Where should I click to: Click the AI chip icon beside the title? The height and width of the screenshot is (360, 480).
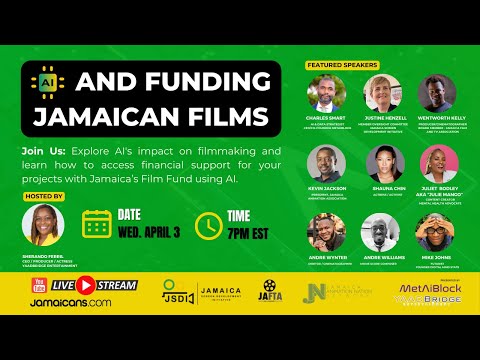(46, 80)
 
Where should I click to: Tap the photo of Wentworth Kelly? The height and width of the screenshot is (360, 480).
(441, 92)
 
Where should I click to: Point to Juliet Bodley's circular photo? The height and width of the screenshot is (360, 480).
(441, 162)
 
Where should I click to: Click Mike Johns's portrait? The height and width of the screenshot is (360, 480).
(441, 231)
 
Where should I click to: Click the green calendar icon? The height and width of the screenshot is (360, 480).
(98, 223)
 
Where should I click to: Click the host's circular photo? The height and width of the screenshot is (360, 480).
(42, 225)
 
